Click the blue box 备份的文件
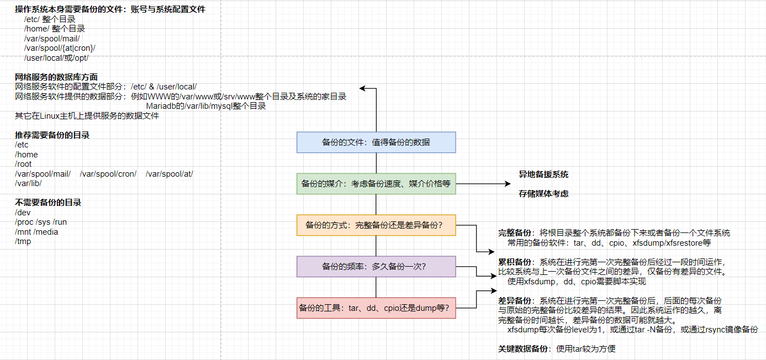[376, 142]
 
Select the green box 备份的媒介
[376, 184]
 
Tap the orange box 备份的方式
[376, 225]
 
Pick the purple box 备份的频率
[376, 266]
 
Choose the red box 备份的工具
[376, 308]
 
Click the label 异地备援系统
[543, 174]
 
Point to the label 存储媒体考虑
[543, 194]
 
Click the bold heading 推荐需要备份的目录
[52, 135]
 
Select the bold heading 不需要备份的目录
[48, 203]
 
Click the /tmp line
[23, 241]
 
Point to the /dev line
[23, 213]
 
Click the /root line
[23, 164]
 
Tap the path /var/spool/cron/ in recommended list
[108, 174]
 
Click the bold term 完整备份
[515, 233]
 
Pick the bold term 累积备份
[515, 262]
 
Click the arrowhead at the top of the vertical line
[363, 88]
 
